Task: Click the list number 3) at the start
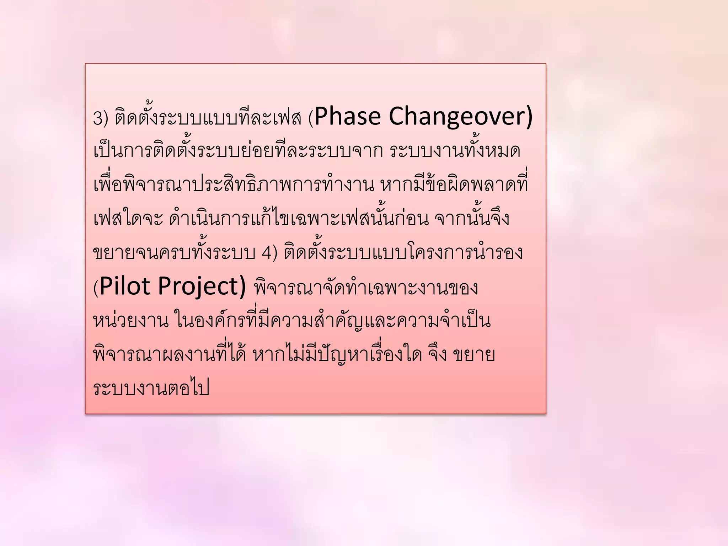[x=100, y=118]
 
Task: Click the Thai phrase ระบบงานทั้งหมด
[x=455, y=151]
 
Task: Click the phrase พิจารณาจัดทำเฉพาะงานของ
[x=366, y=288]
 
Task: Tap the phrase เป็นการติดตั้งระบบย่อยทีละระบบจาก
[x=238, y=151]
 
